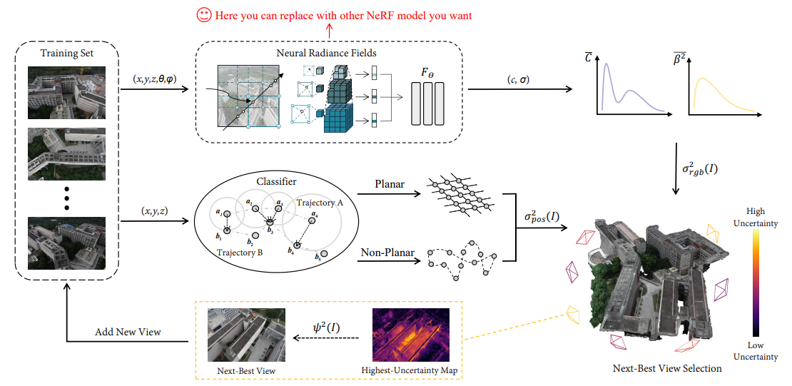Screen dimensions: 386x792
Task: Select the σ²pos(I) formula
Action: click(x=540, y=216)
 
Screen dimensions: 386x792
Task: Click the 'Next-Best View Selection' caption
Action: click(x=667, y=368)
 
